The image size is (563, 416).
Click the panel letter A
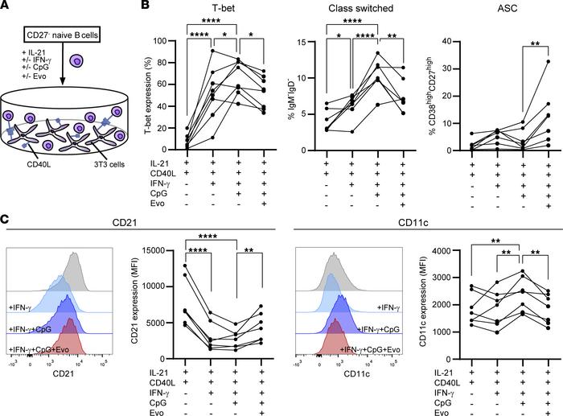tap(6, 7)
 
